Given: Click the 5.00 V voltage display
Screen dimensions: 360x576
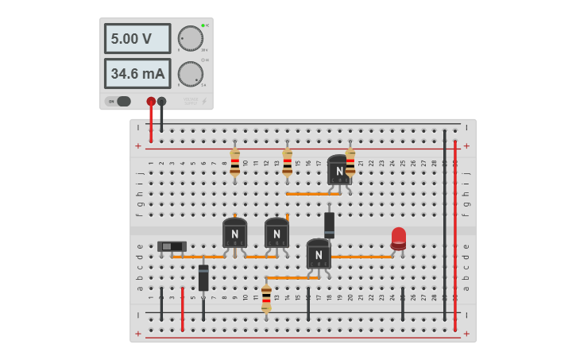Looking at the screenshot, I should click(137, 38).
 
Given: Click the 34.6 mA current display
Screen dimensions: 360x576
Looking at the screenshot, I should click(137, 74).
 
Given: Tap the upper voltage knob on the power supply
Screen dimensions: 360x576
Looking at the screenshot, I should click(190, 38).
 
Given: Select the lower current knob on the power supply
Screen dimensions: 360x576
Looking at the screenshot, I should click(190, 74).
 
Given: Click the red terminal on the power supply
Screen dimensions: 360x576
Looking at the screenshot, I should click(151, 101).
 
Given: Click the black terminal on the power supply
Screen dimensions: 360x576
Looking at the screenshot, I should click(162, 101).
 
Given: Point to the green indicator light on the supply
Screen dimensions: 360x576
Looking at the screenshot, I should click(203, 25).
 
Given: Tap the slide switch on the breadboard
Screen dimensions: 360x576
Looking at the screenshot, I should click(172, 246).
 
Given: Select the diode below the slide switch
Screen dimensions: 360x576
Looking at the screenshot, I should click(203, 277).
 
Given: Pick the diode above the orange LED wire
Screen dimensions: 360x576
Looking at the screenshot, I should click(329, 224).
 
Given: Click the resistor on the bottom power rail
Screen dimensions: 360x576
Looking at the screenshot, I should click(266, 297).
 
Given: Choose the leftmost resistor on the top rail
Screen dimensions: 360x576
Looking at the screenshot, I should click(234, 161).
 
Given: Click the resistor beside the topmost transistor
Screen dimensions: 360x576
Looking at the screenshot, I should click(350, 161).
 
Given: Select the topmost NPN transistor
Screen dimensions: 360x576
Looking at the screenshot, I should click(339, 170).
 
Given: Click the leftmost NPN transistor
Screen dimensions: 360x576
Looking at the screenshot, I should click(234, 233).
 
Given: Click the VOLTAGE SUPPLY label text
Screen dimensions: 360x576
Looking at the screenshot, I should click(191, 101).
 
